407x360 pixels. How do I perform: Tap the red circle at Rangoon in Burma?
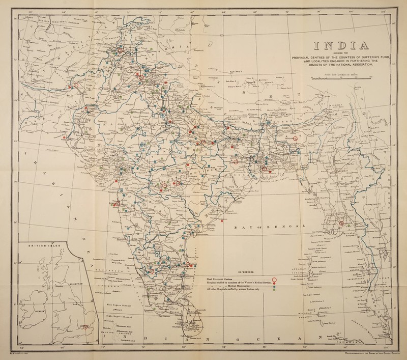(x=341, y=222)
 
